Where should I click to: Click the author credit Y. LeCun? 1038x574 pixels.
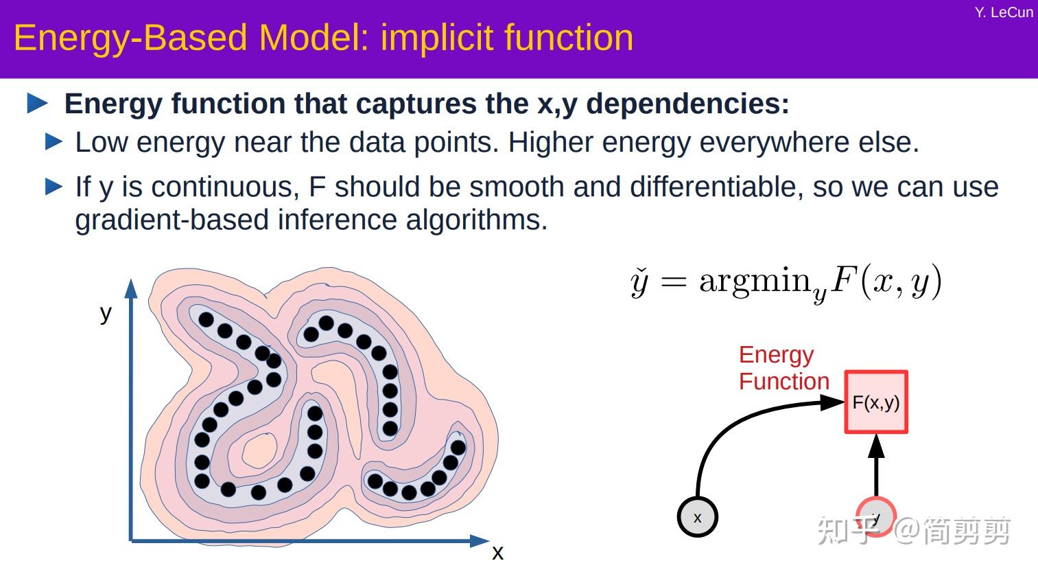(x=1003, y=12)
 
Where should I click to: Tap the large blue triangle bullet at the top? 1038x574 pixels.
(x=37, y=104)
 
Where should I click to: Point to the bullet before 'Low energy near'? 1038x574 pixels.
(x=54, y=142)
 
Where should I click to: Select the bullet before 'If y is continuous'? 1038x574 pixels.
(x=54, y=187)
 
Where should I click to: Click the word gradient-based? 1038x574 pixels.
(x=172, y=220)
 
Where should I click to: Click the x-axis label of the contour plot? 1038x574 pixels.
(x=497, y=552)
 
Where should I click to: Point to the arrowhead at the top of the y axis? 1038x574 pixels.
(x=131, y=288)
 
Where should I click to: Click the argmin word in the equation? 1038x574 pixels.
(x=755, y=281)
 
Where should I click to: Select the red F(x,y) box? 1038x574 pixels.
(x=875, y=402)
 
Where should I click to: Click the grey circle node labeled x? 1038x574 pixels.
(x=697, y=517)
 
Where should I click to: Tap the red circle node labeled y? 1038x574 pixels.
(x=875, y=516)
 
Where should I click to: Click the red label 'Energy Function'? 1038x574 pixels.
(x=783, y=368)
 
